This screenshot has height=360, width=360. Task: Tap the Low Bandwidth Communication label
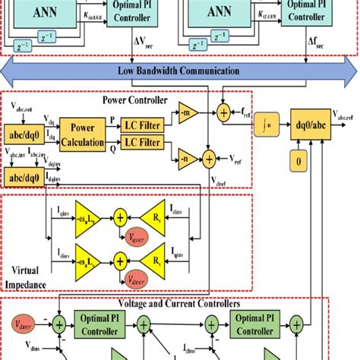[x=179, y=71]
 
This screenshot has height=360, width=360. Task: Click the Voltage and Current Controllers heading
[x=179, y=303]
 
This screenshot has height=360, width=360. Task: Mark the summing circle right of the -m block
[x=223, y=113]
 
